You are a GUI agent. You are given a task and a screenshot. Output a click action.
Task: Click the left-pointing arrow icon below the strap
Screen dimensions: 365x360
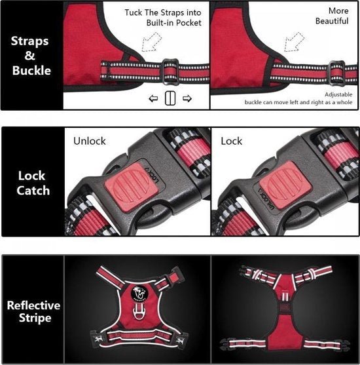coord(154,98)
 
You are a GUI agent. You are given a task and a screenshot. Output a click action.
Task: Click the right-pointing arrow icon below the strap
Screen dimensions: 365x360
coord(187,98)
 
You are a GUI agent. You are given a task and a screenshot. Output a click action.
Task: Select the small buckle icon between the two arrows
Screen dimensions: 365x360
coord(170,98)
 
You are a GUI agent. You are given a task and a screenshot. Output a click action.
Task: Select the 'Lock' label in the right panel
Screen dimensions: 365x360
coord(231,141)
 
